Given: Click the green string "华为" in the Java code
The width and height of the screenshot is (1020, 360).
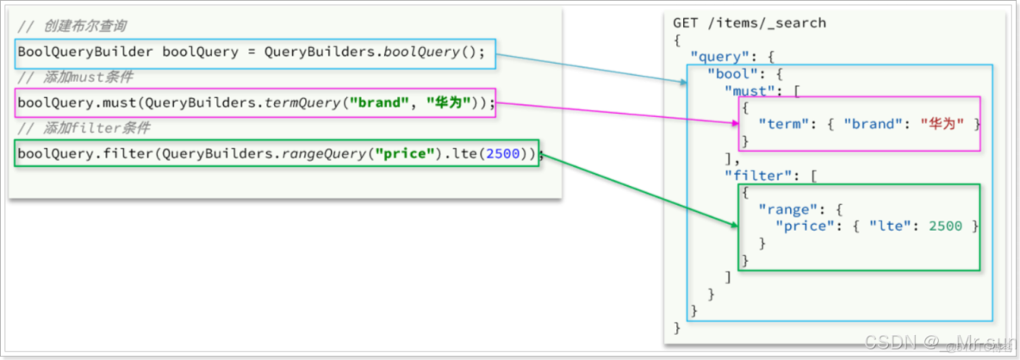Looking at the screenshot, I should (x=450, y=103).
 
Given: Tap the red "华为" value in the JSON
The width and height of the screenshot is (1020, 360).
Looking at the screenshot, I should (x=941, y=124).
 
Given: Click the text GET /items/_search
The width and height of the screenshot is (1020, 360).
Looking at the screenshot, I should (x=749, y=23).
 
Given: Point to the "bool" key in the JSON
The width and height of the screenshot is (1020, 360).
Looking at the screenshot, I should (x=731, y=73).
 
